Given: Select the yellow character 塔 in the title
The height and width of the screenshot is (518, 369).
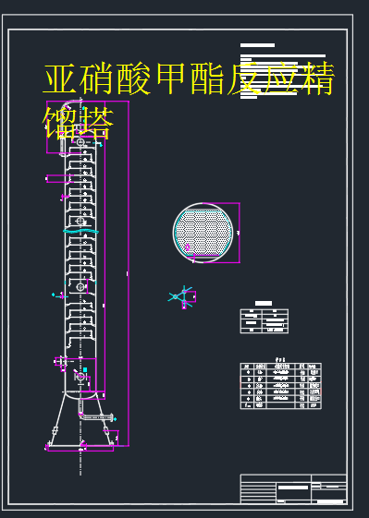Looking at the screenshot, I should coord(96,123).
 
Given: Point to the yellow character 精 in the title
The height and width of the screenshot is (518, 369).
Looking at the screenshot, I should coord(314,79).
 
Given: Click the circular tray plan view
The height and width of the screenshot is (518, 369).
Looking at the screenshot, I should coord(204,231).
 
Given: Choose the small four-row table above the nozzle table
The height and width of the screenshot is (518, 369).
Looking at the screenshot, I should coord(264,319).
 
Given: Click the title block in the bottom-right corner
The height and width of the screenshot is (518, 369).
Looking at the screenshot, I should coord(293,489).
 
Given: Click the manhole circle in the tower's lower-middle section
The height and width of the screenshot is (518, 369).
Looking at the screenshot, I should coord(80,287).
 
